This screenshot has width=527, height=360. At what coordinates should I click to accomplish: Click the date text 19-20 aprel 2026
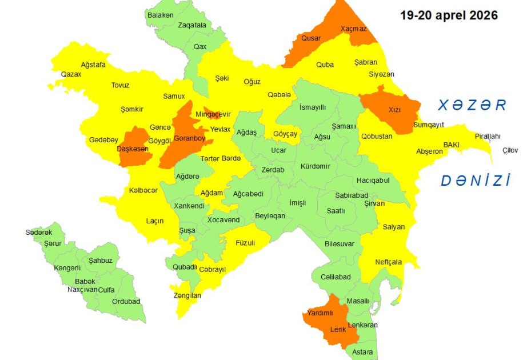pyautogui.click(x=449, y=15)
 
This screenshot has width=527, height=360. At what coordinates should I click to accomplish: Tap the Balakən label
pyautogui.click(x=160, y=15)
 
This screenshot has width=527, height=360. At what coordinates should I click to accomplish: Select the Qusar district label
pyautogui.click(x=311, y=38)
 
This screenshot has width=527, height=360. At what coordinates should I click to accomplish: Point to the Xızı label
pyautogui.click(x=395, y=109)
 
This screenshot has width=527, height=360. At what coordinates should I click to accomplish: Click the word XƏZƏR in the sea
pyautogui.click(x=472, y=105)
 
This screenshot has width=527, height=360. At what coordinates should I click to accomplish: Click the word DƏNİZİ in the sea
pyautogui.click(x=475, y=181)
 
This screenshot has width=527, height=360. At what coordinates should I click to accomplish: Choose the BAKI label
pyautogui.click(x=452, y=145)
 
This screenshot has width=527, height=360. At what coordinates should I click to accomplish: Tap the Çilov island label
pyautogui.click(x=510, y=150)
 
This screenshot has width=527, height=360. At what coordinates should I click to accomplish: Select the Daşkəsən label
pyautogui.click(x=133, y=149)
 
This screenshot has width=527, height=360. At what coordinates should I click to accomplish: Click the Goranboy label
pyautogui.click(x=189, y=138)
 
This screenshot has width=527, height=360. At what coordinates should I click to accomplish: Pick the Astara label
pyautogui.click(x=362, y=351)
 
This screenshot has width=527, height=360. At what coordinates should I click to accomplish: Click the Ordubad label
pyautogui.click(x=126, y=302)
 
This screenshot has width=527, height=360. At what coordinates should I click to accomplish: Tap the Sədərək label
pyautogui.click(x=39, y=232)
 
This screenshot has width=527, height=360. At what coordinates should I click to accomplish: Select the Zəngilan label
pyautogui.click(x=187, y=295)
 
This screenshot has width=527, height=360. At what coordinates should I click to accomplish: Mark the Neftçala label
pyautogui.click(x=389, y=262)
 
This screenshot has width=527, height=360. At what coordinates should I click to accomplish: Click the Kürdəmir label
pyautogui.click(x=316, y=166)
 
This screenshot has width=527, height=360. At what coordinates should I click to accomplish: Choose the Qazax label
pyautogui.click(x=71, y=74)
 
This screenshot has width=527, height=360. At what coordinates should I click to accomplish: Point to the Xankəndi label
pyautogui.click(x=189, y=206)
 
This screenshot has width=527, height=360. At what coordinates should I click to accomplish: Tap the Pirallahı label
pyautogui.click(x=488, y=136)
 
